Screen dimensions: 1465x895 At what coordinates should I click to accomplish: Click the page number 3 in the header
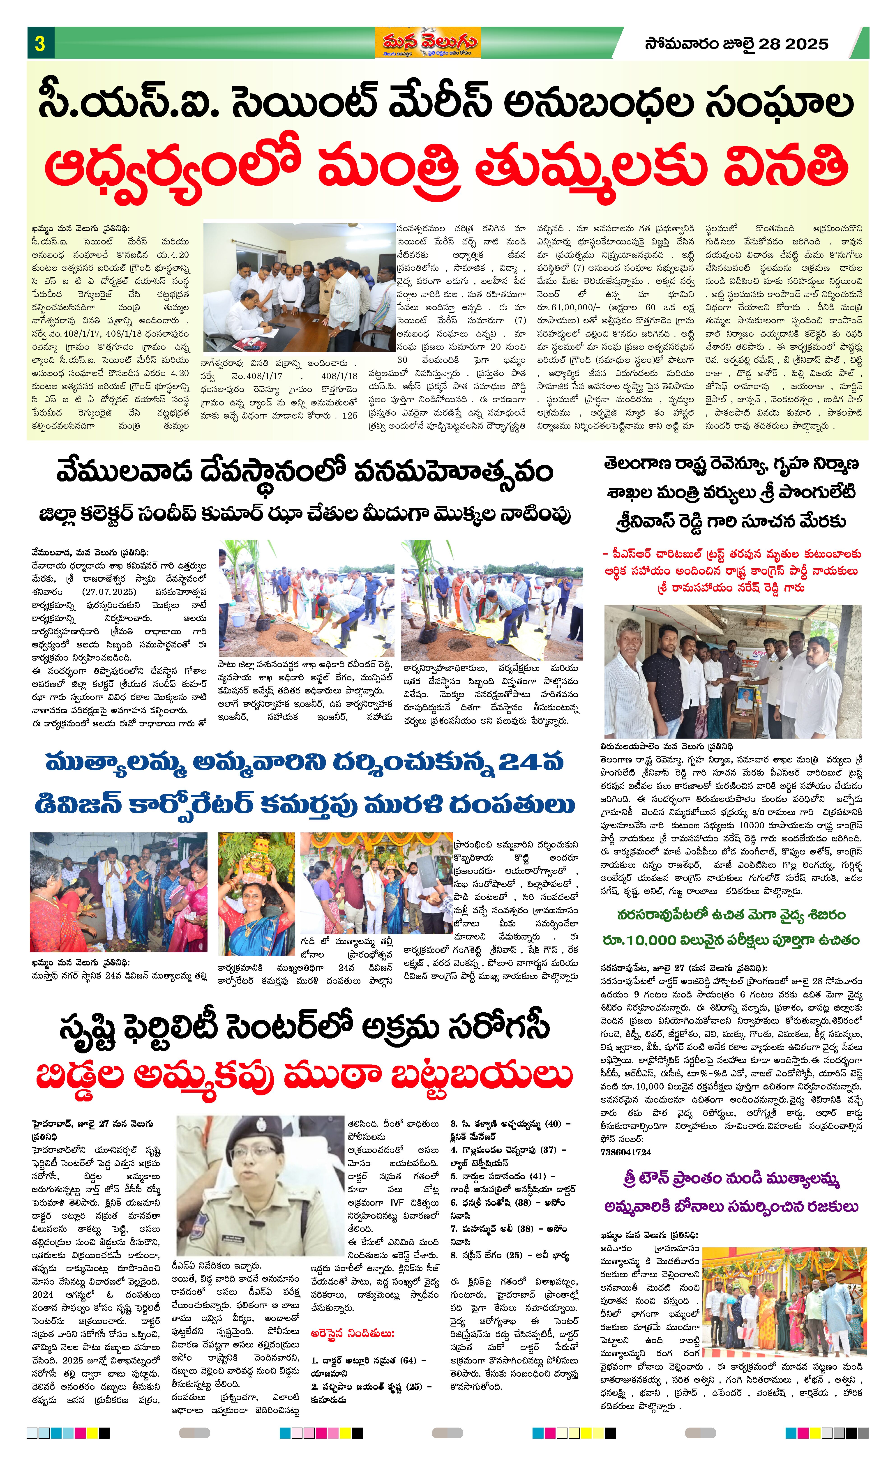click(40, 43)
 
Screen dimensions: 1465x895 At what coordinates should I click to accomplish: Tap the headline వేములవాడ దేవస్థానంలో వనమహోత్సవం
click(304, 473)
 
